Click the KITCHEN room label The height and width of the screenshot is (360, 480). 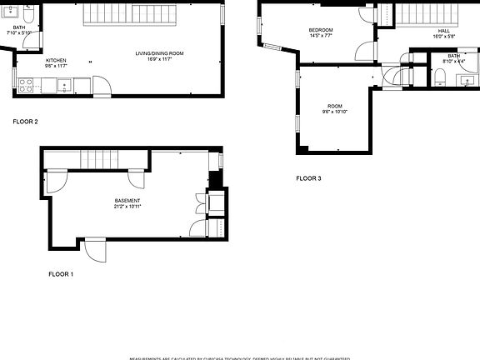coord(56,61)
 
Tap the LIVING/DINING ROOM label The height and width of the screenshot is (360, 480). coord(159,54)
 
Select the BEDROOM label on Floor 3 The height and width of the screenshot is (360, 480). coord(321,31)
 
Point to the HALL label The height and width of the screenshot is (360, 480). coord(443,31)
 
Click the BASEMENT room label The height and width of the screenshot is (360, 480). coord(127,201)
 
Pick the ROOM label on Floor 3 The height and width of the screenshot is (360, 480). coord(335,106)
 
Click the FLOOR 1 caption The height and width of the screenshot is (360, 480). coord(61,274)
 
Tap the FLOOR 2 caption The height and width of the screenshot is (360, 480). coord(25,122)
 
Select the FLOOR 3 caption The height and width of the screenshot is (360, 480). coord(308,178)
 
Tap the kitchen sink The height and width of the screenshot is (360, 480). coord(63,84)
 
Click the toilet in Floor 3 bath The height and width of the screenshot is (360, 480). coord(439,79)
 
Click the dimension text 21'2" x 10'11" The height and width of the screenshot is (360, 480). coord(127,207)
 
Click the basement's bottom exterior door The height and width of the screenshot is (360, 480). coord(95,248)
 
